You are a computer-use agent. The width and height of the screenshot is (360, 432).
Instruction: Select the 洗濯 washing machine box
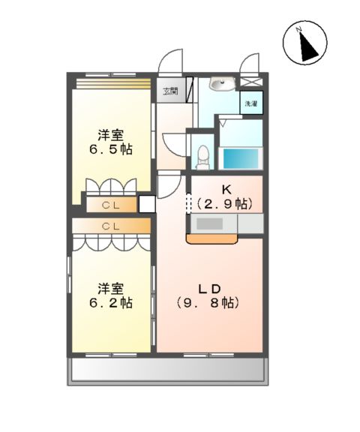pos(250,103)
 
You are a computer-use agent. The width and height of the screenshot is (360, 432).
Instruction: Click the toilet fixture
pos(202,154)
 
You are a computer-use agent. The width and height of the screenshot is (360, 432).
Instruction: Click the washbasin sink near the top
pos(223,85)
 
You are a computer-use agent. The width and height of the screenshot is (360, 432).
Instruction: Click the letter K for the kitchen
pos(224,189)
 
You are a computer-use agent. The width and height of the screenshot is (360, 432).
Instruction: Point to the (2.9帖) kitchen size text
pos(224,203)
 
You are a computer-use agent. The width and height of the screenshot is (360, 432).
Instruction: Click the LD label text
pos(209,289)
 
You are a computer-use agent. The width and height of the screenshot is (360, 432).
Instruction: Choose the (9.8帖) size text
pos(208,304)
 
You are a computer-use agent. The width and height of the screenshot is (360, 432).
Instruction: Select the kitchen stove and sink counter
pos(225,223)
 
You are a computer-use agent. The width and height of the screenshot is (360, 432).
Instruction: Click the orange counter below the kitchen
pos(211,239)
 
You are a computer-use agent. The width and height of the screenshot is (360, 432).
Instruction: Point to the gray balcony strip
pos(169,370)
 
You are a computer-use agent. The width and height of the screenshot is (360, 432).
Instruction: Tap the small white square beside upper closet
pos(146,202)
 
